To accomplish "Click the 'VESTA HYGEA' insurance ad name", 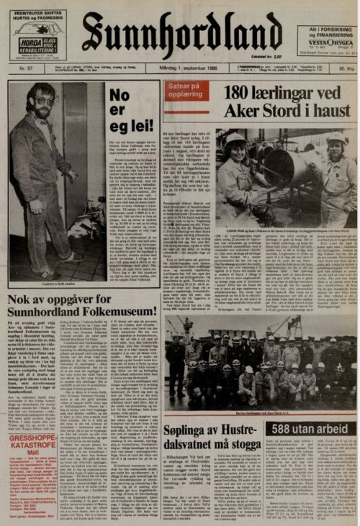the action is click(x=325, y=41).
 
